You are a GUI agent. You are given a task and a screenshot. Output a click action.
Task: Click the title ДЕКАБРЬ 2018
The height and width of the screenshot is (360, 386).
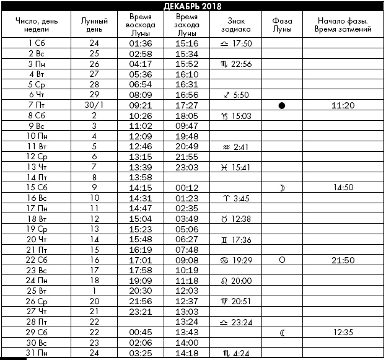[x=193, y=6]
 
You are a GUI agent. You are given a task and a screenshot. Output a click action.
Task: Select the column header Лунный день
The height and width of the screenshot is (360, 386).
[x=94, y=25]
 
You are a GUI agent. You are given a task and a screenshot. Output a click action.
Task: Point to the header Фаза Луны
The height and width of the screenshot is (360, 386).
[x=282, y=25]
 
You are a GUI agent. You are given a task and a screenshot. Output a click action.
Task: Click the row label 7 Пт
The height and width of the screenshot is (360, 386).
[x=37, y=105]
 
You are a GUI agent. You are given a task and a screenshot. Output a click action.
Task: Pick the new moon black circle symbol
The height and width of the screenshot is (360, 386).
[x=282, y=106]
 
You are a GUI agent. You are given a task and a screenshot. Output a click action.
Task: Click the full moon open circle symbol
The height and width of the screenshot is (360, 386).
[x=282, y=260]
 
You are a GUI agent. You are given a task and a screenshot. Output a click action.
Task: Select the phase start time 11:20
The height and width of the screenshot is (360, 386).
[x=343, y=105]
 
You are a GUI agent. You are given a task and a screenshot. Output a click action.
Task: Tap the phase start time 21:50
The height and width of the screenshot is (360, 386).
[x=343, y=260]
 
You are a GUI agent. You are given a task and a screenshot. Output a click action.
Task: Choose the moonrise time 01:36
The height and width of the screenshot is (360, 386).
[x=142, y=43]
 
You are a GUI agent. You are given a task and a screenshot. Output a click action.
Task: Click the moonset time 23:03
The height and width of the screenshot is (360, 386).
[x=186, y=167]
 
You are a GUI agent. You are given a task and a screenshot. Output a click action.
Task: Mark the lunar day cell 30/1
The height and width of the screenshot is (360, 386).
[x=94, y=105]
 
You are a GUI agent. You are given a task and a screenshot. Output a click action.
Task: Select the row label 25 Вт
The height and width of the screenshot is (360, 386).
[x=37, y=291]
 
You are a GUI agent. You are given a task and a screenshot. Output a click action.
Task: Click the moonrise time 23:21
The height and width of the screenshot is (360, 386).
[x=142, y=311]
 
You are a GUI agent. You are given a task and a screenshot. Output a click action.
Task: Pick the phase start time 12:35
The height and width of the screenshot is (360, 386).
[x=343, y=331]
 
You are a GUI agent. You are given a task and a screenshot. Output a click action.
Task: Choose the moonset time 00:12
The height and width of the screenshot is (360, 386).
[x=186, y=188]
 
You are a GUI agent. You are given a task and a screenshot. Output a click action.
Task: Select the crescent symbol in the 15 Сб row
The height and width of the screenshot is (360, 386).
[x=282, y=188]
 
